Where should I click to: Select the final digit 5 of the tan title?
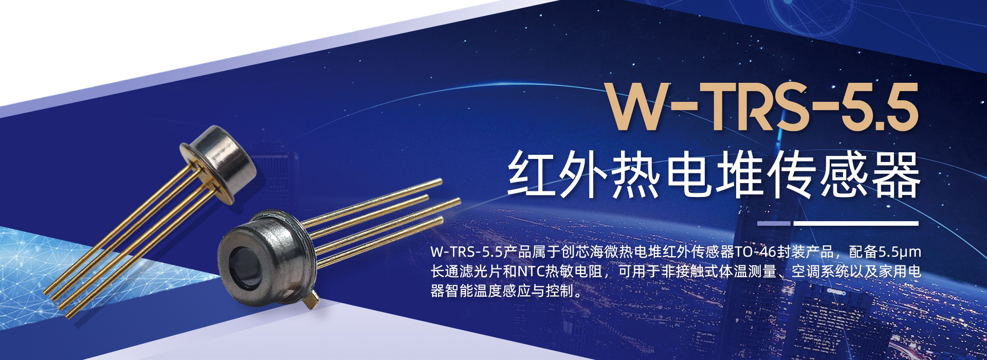tap(899, 107)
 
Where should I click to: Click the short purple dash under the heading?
tap(774, 223)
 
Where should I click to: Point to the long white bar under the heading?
tap(856, 223)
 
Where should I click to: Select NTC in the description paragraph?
tap(531, 271)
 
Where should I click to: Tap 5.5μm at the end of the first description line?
tap(899, 252)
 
